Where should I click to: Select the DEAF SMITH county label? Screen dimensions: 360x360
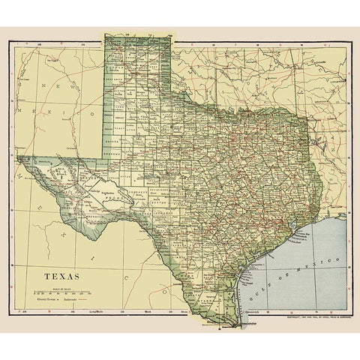tap(112, 82)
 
